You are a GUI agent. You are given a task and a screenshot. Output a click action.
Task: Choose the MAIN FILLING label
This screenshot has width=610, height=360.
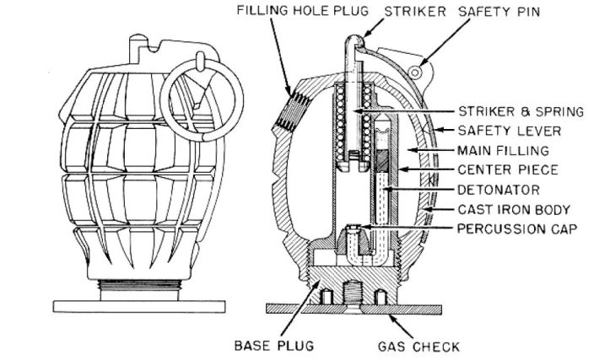click(503, 150)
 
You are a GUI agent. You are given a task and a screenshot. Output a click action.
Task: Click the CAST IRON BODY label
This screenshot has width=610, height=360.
click(514, 208)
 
